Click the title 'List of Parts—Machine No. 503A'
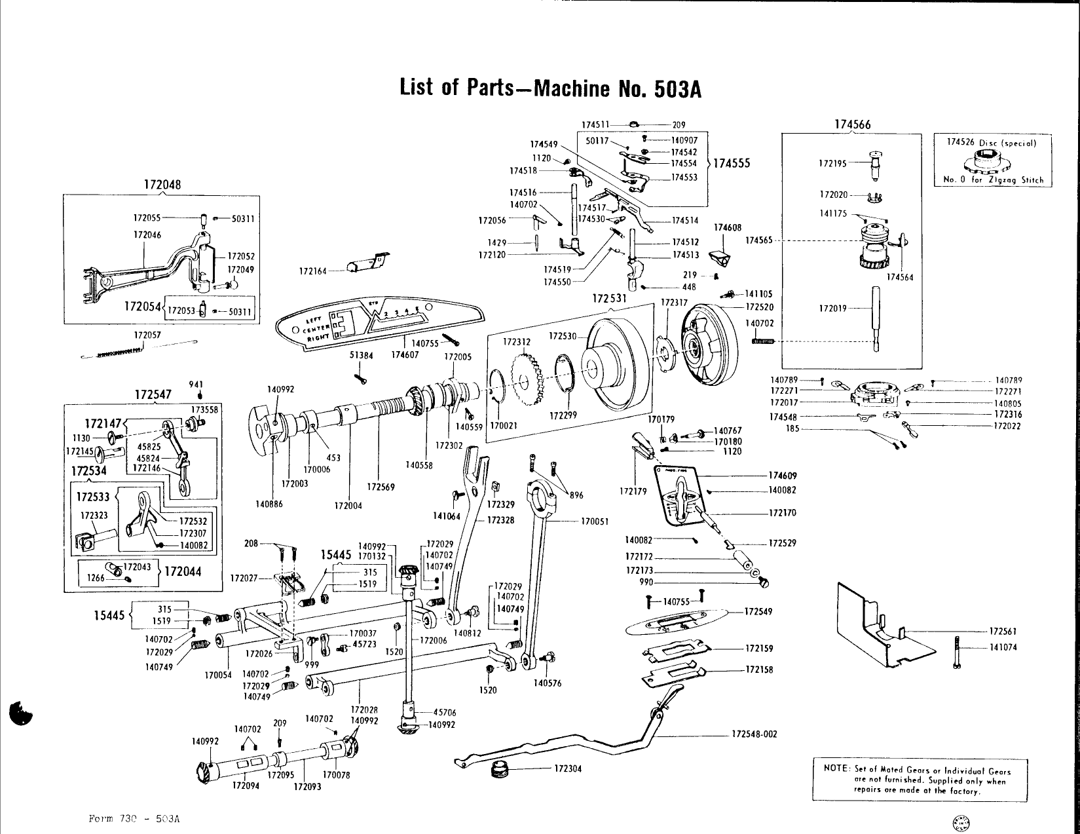click(550, 88)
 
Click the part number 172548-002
click(754, 734)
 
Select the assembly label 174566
click(852, 124)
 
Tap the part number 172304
click(568, 768)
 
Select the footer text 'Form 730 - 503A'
click(134, 819)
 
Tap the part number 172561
click(1002, 632)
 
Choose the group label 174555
click(732, 164)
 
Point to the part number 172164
click(312, 271)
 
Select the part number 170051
click(595, 521)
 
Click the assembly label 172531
click(610, 299)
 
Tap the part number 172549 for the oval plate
click(759, 612)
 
